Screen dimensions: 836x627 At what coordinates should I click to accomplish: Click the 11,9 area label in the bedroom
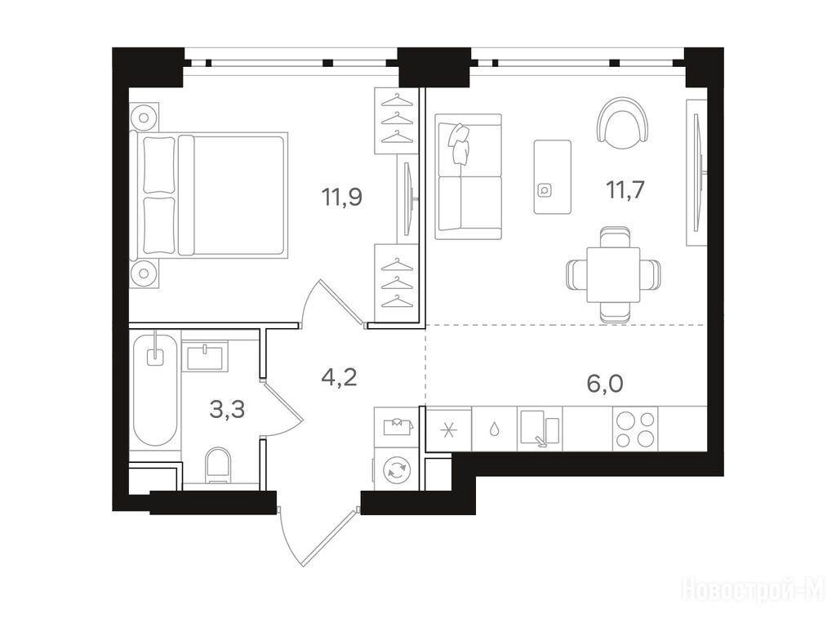tap(342, 198)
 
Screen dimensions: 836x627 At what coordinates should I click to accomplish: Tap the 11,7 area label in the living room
tap(625, 189)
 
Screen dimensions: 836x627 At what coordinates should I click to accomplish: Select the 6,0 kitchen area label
tap(605, 384)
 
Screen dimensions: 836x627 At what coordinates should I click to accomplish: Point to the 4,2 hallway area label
tap(339, 377)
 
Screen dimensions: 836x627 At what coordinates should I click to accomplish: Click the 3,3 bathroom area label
tap(227, 410)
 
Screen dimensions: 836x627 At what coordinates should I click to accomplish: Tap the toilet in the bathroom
tap(218, 465)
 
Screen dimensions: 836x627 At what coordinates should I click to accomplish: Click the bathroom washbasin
tap(205, 356)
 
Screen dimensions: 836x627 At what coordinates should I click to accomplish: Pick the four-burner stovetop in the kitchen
tap(635, 429)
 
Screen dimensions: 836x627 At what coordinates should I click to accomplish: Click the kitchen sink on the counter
tap(540, 428)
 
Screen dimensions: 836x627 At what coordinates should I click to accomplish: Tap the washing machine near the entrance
tap(396, 469)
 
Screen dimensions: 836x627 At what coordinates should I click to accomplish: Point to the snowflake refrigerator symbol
tap(449, 430)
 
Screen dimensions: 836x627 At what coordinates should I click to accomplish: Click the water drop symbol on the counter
tap(494, 429)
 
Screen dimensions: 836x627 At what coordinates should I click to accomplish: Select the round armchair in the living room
tap(624, 122)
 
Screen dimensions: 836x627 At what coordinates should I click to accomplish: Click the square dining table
tap(613, 274)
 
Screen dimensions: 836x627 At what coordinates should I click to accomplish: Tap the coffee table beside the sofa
tap(553, 177)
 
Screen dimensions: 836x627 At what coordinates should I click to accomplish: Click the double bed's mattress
tap(238, 195)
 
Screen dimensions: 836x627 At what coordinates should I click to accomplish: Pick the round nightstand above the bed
tap(144, 117)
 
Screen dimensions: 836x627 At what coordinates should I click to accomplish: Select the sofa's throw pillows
tap(460, 142)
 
